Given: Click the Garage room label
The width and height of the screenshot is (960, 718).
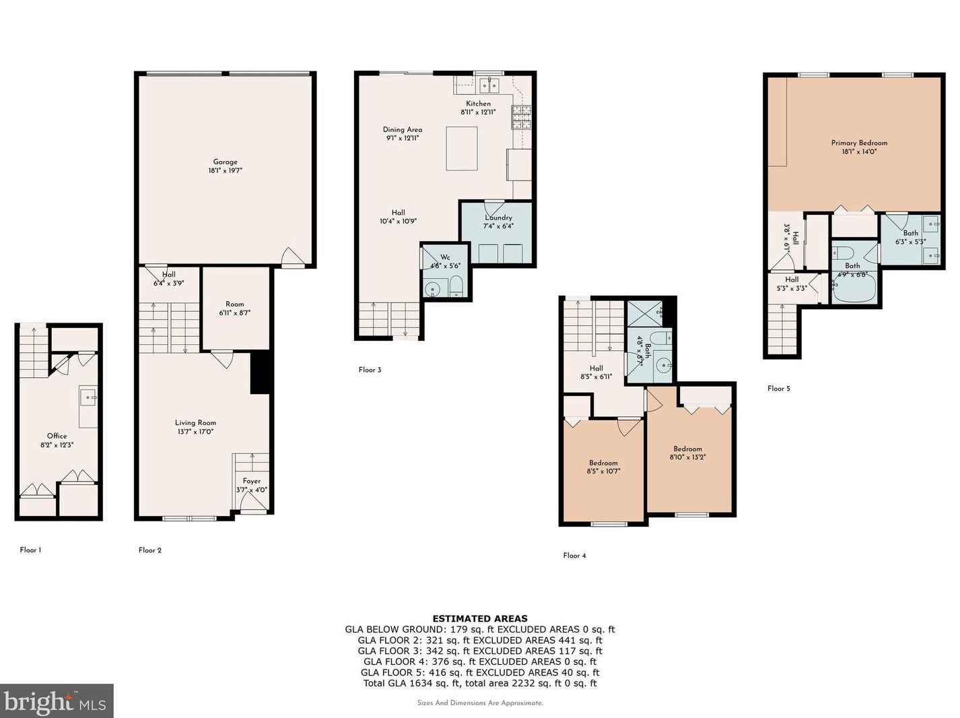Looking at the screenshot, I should click(x=225, y=166).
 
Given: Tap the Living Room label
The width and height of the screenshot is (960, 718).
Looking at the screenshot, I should click(x=195, y=427).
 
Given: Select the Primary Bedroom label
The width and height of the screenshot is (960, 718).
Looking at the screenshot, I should click(x=859, y=147).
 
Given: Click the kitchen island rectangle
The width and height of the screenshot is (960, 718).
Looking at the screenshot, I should click(x=462, y=148).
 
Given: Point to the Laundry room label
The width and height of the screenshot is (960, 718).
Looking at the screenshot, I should click(x=498, y=222).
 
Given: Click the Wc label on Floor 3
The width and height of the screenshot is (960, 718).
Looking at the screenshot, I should click(x=445, y=261).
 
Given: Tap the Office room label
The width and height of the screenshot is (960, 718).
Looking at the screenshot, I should click(x=57, y=440).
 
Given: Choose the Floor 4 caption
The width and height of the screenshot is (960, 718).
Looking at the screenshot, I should click(x=574, y=556).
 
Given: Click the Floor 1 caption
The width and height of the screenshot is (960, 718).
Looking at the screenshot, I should click(x=30, y=550).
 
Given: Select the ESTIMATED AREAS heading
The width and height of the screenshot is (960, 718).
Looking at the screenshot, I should click(x=479, y=618).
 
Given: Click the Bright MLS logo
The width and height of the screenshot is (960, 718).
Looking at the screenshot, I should click(x=56, y=701).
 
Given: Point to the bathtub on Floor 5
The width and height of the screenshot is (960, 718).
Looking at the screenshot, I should click(x=853, y=288).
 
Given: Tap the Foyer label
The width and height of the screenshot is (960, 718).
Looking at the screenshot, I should click(x=251, y=485).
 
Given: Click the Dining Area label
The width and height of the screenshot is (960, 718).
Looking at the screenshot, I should click(x=403, y=133).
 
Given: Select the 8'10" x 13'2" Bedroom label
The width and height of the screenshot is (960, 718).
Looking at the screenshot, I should click(x=687, y=453).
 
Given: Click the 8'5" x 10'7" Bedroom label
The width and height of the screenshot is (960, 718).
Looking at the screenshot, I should click(x=603, y=467).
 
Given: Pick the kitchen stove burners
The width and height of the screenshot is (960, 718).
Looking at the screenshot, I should click(x=521, y=118).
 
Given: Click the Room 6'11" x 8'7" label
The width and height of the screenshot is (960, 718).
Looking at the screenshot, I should click(x=235, y=308).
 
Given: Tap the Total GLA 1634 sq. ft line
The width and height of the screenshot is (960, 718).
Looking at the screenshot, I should click(x=479, y=683).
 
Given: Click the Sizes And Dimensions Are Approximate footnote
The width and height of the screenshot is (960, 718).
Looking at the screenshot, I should click(x=479, y=703).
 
